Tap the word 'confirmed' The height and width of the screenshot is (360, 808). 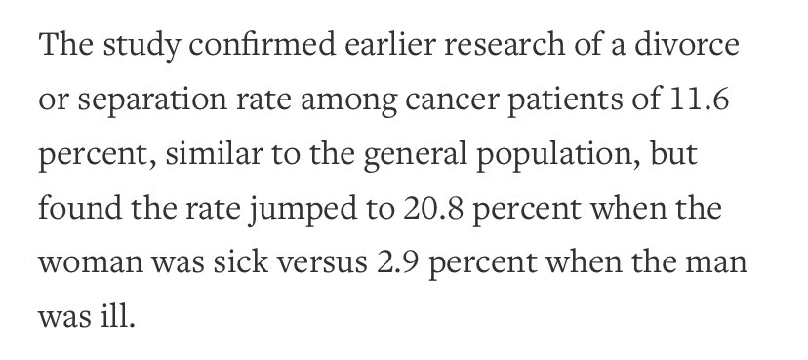263,44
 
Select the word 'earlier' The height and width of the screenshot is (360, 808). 390,44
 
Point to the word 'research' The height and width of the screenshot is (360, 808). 505,44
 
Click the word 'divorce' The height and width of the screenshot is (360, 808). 687,44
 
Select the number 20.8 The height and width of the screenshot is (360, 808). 433,209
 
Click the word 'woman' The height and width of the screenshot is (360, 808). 91,263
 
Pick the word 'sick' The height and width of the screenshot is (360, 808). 241,260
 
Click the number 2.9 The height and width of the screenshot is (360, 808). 397,261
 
